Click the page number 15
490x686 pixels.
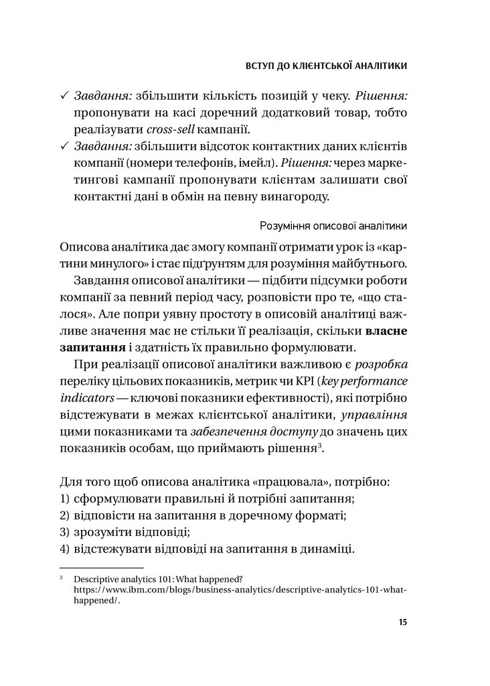(x=402, y=622)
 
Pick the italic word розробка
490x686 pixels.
(x=382, y=365)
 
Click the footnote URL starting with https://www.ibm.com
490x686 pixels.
(x=240, y=590)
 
